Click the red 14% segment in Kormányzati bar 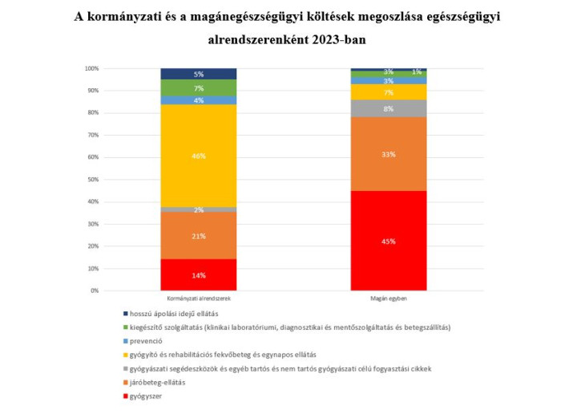pos(198,274)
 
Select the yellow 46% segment pos(198,156)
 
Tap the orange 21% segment pos(198,236)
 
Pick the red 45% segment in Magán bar pos(389,241)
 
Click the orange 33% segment pos(389,154)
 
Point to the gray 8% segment pos(389,108)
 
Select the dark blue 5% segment pos(198,74)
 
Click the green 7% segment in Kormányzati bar pos(198,87)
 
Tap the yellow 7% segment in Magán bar pos(389,92)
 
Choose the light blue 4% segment pos(198,100)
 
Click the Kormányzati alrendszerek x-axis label pos(198,298)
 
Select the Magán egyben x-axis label pos(389,298)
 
